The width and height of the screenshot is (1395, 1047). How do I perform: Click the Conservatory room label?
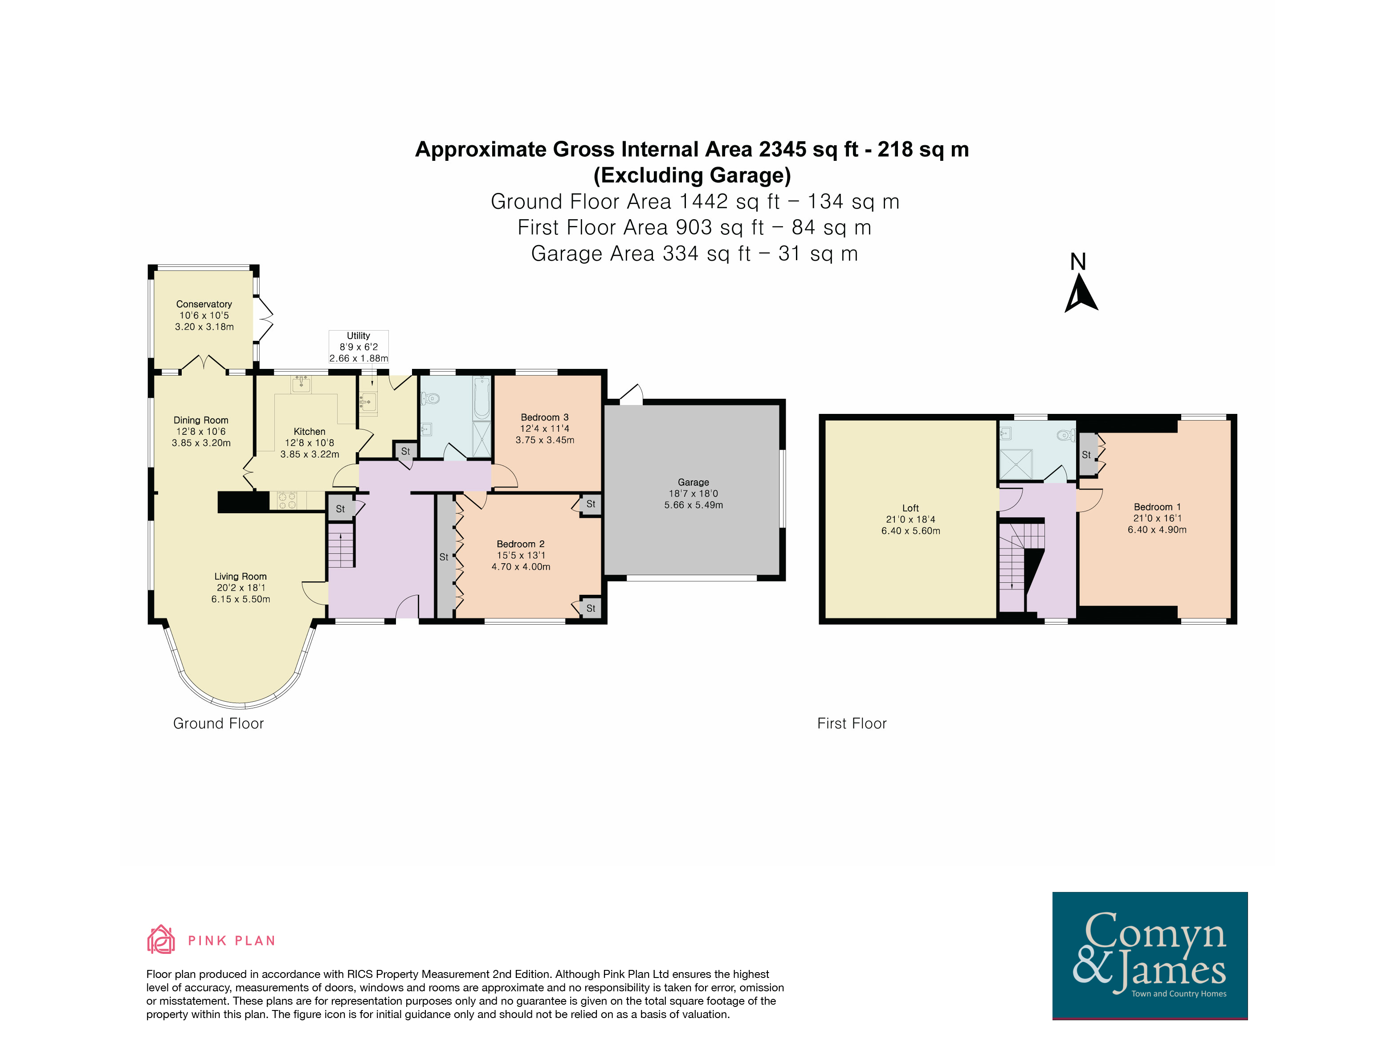(x=204, y=304)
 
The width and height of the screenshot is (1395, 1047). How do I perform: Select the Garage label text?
(x=693, y=482)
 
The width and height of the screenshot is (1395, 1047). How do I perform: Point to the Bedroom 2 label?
(x=520, y=544)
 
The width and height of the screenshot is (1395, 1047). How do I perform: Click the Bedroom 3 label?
(x=545, y=417)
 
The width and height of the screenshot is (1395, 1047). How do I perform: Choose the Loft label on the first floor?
(x=910, y=508)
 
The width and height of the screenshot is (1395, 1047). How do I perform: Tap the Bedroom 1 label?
(x=1157, y=507)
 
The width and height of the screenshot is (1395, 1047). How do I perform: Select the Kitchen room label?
(x=309, y=431)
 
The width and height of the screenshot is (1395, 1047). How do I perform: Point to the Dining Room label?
(x=200, y=420)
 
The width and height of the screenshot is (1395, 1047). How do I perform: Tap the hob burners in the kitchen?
(x=287, y=500)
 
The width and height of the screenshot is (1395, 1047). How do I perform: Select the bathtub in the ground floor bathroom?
(x=482, y=398)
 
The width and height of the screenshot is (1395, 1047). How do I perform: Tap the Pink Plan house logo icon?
(x=161, y=939)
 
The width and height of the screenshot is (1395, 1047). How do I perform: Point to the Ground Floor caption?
(x=218, y=724)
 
